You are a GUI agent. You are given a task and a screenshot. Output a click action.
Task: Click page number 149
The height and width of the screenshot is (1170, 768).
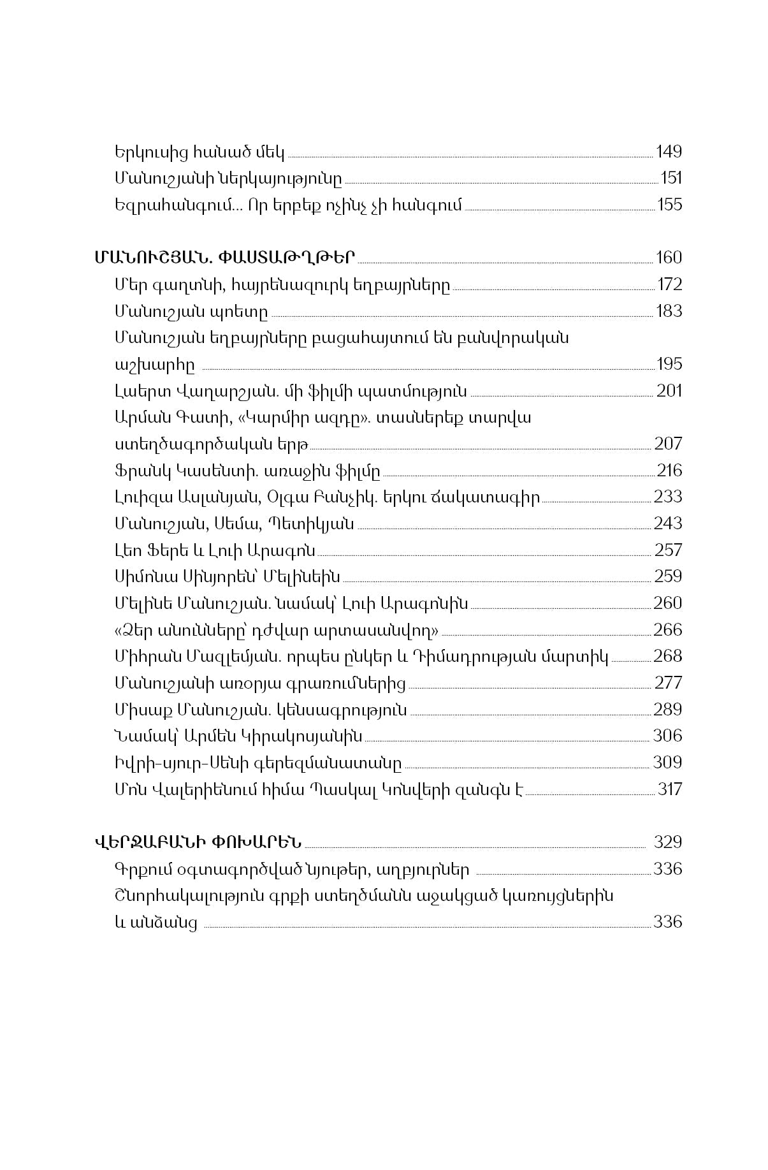(x=669, y=152)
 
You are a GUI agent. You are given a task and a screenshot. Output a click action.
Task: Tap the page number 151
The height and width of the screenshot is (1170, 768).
(x=671, y=179)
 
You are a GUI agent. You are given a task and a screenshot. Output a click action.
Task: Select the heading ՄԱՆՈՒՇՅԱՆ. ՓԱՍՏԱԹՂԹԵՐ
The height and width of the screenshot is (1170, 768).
(x=224, y=258)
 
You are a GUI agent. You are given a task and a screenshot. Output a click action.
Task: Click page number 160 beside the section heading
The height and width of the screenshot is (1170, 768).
(x=669, y=258)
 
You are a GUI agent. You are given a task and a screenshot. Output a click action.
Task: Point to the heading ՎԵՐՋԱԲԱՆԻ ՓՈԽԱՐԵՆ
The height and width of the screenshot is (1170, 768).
(x=198, y=842)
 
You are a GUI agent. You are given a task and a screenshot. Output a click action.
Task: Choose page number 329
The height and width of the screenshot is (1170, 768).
(x=668, y=842)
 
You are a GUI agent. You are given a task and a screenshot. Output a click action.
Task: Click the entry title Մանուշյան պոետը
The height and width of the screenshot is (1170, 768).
(x=191, y=311)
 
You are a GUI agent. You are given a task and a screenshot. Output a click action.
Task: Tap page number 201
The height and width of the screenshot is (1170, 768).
(x=669, y=391)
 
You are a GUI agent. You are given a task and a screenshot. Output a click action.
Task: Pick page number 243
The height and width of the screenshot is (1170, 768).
(x=668, y=523)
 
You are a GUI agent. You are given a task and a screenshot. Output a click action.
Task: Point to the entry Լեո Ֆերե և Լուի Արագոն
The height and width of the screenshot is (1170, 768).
(x=215, y=550)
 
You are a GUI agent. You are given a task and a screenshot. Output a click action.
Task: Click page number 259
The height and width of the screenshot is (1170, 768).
(x=668, y=576)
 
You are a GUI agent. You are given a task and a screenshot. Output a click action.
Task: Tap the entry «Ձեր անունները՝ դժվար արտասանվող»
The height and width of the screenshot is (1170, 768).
(x=276, y=630)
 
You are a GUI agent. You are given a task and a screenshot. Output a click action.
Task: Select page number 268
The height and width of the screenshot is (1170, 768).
(x=668, y=656)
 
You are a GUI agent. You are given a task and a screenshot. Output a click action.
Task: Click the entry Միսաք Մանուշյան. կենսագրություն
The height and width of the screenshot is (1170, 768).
(x=261, y=710)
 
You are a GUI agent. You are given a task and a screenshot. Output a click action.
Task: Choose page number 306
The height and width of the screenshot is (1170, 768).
(x=667, y=736)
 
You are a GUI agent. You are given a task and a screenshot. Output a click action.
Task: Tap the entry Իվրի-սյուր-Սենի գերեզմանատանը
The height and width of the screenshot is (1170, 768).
(x=258, y=763)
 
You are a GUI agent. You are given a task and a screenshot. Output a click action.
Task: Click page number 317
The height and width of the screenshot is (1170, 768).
(x=670, y=789)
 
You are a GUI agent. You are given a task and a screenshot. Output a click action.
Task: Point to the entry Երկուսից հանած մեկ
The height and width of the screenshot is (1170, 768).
(x=199, y=152)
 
